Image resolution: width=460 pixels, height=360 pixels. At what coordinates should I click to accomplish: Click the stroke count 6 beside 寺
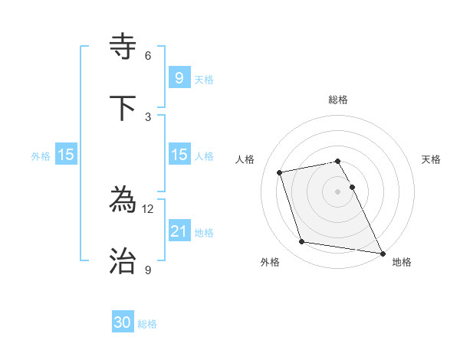coord(148,56)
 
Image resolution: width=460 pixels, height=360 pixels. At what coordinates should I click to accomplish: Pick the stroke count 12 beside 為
coord(149,209)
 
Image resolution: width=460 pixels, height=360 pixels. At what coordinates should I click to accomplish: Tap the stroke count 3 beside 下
coord(148,117)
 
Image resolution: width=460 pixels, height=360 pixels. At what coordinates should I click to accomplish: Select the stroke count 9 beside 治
coord(148,270)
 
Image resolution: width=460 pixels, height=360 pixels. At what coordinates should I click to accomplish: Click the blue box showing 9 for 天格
coord(179,77)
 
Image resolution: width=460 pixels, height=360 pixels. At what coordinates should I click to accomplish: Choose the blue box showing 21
coord(179,231)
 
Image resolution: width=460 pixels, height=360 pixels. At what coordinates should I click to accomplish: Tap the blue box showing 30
coord(123,322)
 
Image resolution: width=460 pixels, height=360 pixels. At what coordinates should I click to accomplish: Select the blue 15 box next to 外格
coord(66,155)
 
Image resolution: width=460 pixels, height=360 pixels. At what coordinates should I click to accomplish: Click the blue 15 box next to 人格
coord(179,155)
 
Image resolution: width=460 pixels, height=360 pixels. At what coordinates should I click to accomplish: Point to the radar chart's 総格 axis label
coord(338,100)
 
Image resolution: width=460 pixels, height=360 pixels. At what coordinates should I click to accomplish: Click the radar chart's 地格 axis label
coord(402,262)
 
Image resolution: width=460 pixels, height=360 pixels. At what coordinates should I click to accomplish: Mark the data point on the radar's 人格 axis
coord(280,172)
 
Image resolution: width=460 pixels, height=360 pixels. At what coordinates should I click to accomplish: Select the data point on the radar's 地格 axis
coord(382,253)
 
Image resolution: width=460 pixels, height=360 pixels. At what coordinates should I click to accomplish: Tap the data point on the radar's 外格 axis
coord(302,242)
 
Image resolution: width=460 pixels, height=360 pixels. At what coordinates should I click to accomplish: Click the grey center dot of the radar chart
coord(338,191)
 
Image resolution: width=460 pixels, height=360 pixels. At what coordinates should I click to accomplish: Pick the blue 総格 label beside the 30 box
coord(147,324)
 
